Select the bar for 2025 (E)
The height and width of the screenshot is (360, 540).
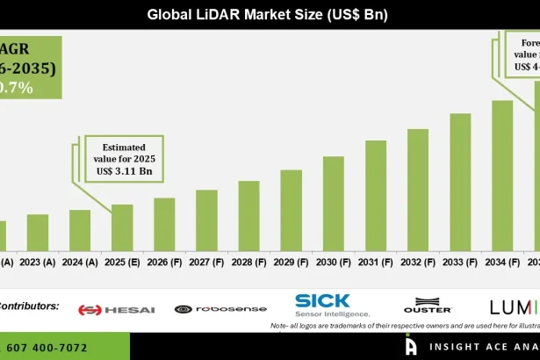tap(122, 227)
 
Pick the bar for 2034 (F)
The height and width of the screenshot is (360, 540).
tap(502, 176)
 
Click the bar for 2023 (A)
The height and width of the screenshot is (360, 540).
tap(37, 233)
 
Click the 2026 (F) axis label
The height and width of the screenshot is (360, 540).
tap(164, 262)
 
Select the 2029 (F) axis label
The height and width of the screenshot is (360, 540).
tap(291, 262)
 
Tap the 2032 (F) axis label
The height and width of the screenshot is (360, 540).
tap(418, 262)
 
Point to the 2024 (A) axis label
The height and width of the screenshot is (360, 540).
tap(80, 262)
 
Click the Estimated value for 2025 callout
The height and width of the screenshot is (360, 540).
tap(125, 159)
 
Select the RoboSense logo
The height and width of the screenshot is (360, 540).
tap(208, 309)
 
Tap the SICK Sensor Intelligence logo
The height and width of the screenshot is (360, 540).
tap(333, 305)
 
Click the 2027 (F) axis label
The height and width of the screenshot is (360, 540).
tap(206, 262)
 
